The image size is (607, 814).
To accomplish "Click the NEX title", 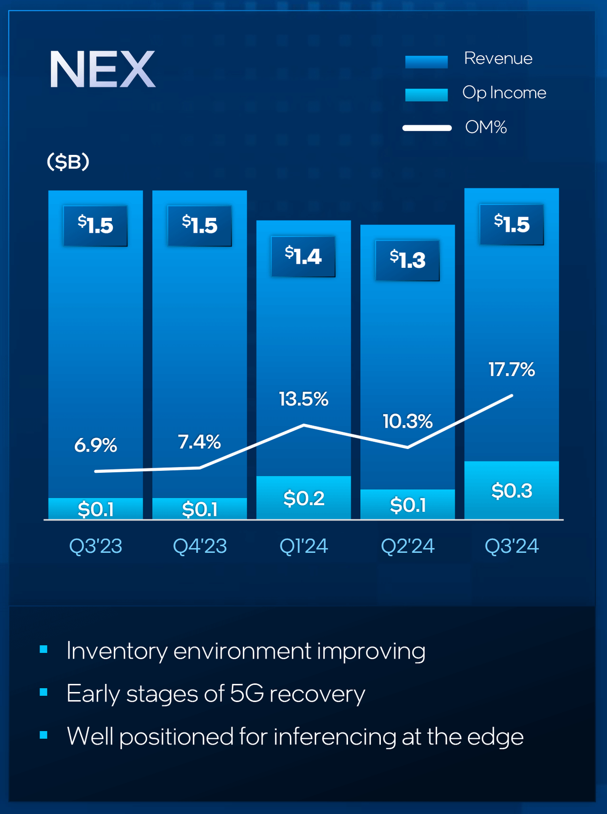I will pyautogui.click(x=102, y=69).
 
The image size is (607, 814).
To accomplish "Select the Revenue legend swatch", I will pyautogui.click(x=426, y=61).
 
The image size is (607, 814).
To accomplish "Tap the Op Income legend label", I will pyautogui.click(x=504, y=93).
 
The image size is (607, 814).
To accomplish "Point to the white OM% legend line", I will pyautogui.click(x=427, y=128).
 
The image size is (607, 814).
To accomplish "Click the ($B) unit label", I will pyautogui.click(x=68, y=162).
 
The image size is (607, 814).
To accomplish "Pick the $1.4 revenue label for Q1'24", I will pyautogui.click(x=303, y=256).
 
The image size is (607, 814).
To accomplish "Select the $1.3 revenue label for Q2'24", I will pyautogui.click(x=407, y=260).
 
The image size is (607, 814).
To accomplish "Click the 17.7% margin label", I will pyautogui.click(x=511, y=370).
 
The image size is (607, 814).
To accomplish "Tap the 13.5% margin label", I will pyautogui.click(x=303, y=399).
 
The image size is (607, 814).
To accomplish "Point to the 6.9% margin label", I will pyautogui.click(x=95, y=445).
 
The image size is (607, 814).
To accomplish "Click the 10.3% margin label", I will pyautogui.click(x=407, y=421).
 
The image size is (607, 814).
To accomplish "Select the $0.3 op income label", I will pyautogui.click(x=511, y=491).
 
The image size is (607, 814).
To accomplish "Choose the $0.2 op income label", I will pyautogui.click(x=303, y=499).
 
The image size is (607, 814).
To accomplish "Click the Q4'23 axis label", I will pyautogui.click(x=199, y=546).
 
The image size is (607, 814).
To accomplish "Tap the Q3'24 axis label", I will pyautogui.click(x=511, y=546).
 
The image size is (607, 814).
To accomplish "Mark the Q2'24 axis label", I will pyautogui.click(x=407, y=546).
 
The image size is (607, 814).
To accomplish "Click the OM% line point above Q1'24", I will pyautogui.click(x=303, y=425).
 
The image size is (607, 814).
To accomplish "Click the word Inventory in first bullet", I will pyautogui.click(x=116, y=651).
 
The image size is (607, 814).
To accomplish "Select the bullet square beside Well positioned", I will pyautogui.click(x=44, y=735).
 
